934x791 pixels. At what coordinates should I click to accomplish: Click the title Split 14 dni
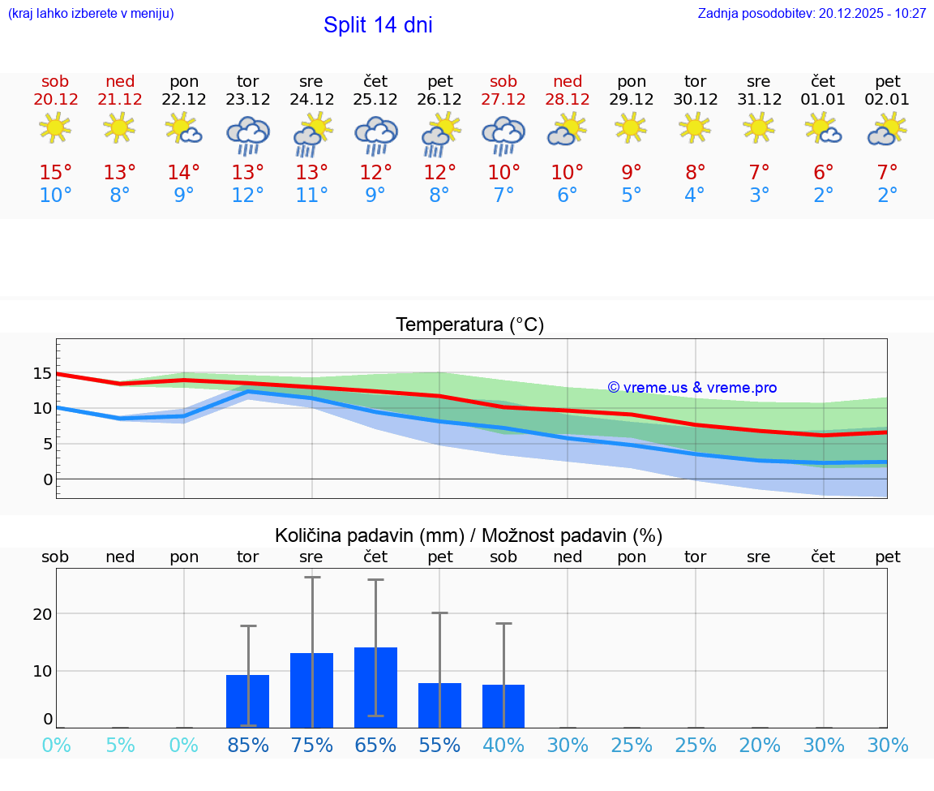[378, 25]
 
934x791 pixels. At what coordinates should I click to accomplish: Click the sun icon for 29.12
[632, 127]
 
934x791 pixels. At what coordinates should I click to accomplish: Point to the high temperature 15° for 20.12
[56, 173]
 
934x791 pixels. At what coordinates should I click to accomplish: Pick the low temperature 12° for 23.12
[248, 196]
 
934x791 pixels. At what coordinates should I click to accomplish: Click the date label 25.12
[375, 100]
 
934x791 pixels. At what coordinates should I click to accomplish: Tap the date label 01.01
[824, 100]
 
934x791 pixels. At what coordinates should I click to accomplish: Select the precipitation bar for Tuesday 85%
[248, 701]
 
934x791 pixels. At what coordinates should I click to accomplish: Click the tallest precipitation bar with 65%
[375, 687]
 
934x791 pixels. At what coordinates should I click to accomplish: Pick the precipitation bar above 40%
[503, 706]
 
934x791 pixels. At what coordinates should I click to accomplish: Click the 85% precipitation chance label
[248, 745]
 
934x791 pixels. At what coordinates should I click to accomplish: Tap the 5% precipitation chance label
[120, 745]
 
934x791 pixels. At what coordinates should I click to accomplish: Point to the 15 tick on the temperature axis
[42, 373]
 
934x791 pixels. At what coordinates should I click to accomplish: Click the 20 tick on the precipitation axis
[42, 614]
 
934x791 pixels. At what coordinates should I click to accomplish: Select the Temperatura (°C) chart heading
[469, 325]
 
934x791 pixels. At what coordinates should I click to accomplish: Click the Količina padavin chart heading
[469, 535]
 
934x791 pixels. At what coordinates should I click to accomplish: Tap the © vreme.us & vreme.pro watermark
[692, 388]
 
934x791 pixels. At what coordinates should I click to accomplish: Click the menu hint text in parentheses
[91, 14]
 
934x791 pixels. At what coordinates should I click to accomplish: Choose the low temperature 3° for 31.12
[760, 196]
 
